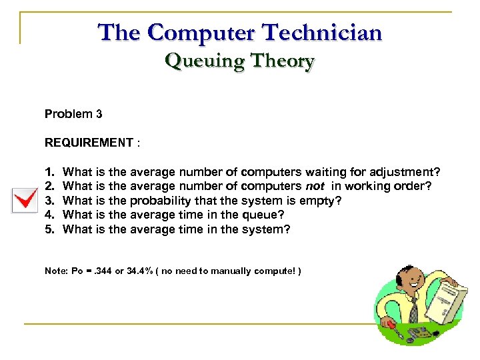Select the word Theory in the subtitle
click(279, 61)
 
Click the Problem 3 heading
click(73, 114)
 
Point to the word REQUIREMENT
click(89, 142)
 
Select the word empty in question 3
click(327, 200)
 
